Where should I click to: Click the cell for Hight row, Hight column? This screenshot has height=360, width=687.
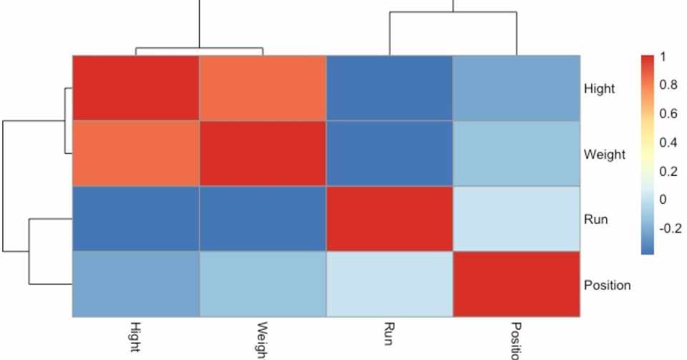tap(135, 87)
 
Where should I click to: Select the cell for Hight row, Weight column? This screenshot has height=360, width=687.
tap(262, 87)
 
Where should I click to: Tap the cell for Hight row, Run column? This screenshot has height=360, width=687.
tap(389, 87)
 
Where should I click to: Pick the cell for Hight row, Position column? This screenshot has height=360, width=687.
tap(516, 87)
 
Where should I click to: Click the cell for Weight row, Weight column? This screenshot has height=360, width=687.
tap(262, 153)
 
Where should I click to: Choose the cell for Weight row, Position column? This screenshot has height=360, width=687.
tap(516, 153)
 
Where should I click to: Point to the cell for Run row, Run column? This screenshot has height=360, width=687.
tap(389, 218)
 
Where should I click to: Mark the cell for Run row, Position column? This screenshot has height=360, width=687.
tap(516, 218)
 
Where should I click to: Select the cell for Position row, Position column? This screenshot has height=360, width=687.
tap(516, 284)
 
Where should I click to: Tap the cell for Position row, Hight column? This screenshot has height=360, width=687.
tap(135, 284)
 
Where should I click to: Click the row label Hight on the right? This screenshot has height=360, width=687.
tap(599, 89)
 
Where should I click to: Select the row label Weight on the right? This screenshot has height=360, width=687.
tap(603, 155)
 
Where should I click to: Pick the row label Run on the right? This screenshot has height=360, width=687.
tap(595, 220)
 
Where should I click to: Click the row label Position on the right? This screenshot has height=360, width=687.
tap(608, 286)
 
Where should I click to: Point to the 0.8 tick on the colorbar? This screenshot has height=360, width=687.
tap(668, 84)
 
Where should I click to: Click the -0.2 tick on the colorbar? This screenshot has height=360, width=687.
tap(670, 229)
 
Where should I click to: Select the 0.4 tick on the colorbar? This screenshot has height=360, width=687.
tap(668, 142)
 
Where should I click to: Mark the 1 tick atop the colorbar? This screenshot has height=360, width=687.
tap(663, 57)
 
